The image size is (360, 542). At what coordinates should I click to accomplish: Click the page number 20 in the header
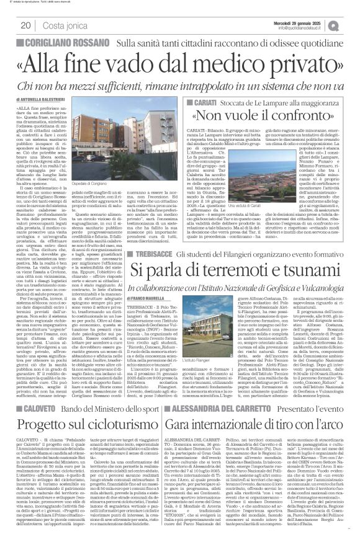pos(26,25)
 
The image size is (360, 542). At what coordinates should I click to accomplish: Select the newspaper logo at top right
pos(351,25)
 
